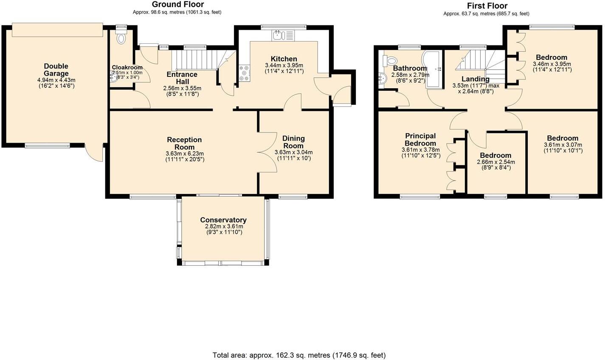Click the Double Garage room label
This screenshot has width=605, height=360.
tap(56, 70)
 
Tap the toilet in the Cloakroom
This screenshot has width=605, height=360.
tap(121, 38)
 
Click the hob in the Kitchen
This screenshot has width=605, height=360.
tap(244, 73)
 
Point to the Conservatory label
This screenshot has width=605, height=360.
tap(223, 220)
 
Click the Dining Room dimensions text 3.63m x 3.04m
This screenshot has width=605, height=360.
tap(293, 152)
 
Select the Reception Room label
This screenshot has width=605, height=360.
tap(184, 143)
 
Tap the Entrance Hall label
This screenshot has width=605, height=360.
tap(182, 78)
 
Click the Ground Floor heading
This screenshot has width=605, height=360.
tap(177, 5)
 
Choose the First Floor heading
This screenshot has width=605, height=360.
tap(487, 6)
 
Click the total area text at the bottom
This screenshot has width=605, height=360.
tap(299, 355)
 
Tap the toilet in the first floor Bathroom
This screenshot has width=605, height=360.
tap(390, 61)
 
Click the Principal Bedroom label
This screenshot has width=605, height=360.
tap(420, 140)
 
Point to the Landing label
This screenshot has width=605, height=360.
tap(476, 79)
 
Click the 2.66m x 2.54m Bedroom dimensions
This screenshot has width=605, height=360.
tap(495, 162)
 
